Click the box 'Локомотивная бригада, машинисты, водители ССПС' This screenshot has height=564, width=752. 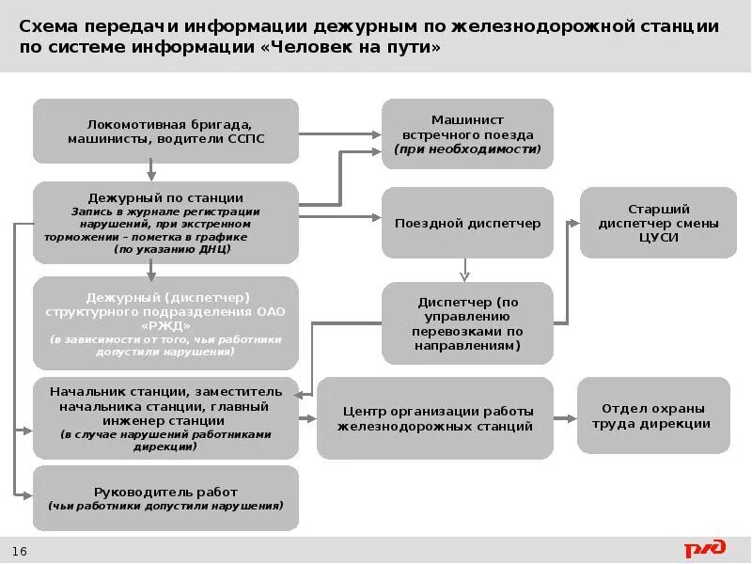click(x=165, y=131)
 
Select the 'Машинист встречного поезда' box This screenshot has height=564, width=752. click(x=467, y=134)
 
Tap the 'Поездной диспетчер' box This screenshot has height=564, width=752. click(x=467, y=223)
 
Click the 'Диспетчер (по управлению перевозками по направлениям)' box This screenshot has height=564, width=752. click(x=467, y=324)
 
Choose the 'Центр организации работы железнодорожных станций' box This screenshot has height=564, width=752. click(x=435, y=418)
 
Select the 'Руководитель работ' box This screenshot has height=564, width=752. click(x=165, y=498)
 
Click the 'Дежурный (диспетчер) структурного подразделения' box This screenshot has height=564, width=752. click(x=165, y=322)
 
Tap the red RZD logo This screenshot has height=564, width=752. click(x=705, y=548)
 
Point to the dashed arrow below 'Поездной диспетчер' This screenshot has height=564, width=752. click(x=463, y=270)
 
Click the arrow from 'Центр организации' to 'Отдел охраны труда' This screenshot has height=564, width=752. click(x=565, y=418)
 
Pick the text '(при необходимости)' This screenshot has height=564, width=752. click(x=467, y=149)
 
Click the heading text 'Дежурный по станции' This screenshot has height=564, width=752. click(x=165, y=197)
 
